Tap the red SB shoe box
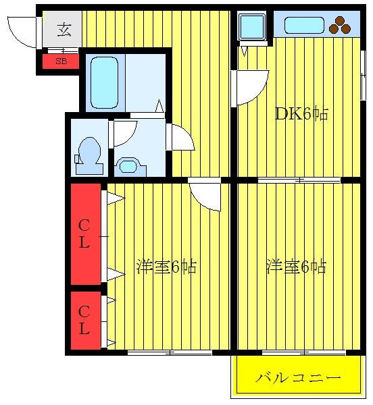(x=61, y=61)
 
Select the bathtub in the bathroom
(x=105, y=82)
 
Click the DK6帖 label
(x=301, y=114)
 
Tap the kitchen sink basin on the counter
(x=304, y=26)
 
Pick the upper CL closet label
(x=84, y=234)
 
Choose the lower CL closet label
(x=84, y=321)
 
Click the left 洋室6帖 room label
(x=166, y=267)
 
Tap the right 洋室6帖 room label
(x=296, y=267)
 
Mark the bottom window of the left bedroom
(x=170, y=352)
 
